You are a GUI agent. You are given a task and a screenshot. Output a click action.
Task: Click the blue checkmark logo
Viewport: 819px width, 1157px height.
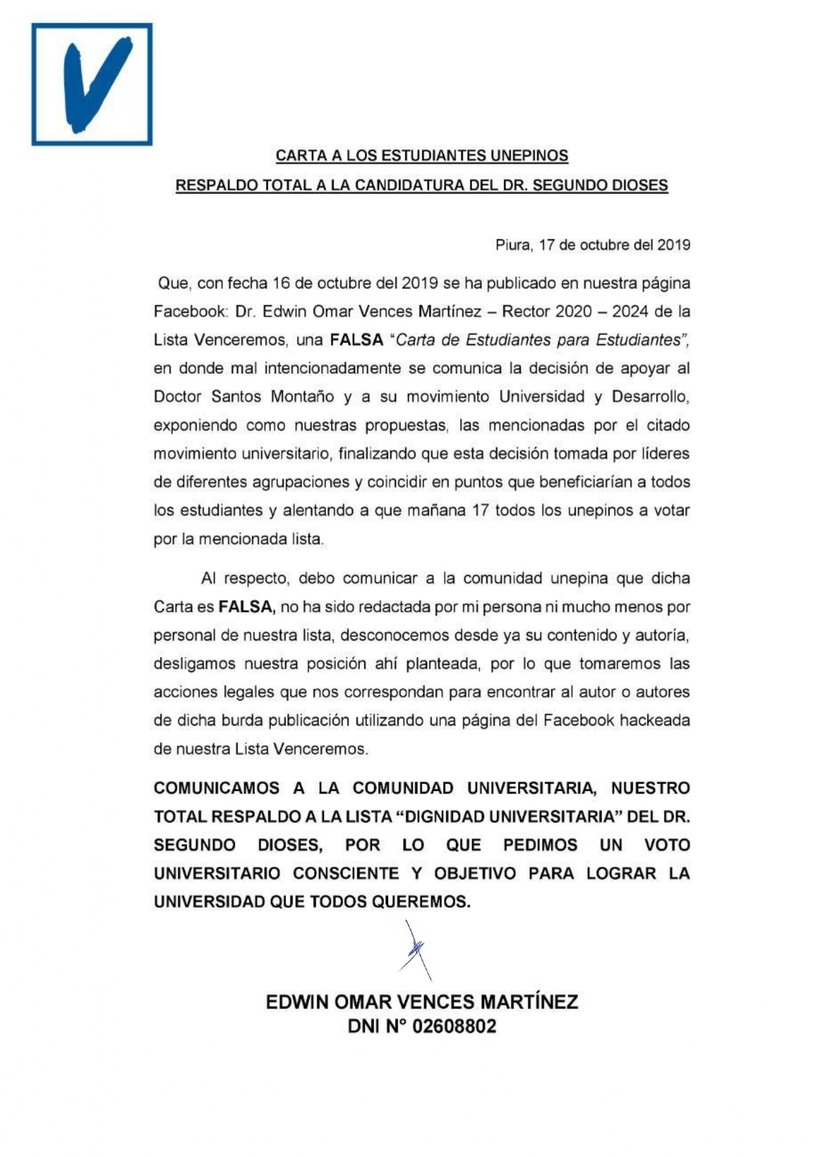92,84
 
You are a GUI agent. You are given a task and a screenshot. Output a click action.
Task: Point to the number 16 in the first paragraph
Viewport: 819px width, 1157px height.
281,284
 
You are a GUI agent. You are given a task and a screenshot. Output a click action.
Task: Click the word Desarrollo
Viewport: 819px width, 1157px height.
650,396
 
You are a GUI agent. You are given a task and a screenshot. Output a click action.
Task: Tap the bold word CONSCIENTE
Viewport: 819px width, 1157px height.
346,873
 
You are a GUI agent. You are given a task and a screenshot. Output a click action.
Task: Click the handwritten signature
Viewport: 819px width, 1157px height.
416,950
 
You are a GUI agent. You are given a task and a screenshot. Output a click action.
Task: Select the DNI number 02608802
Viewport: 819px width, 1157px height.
454,1026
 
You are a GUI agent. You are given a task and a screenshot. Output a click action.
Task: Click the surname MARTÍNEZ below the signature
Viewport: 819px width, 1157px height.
529,1002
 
